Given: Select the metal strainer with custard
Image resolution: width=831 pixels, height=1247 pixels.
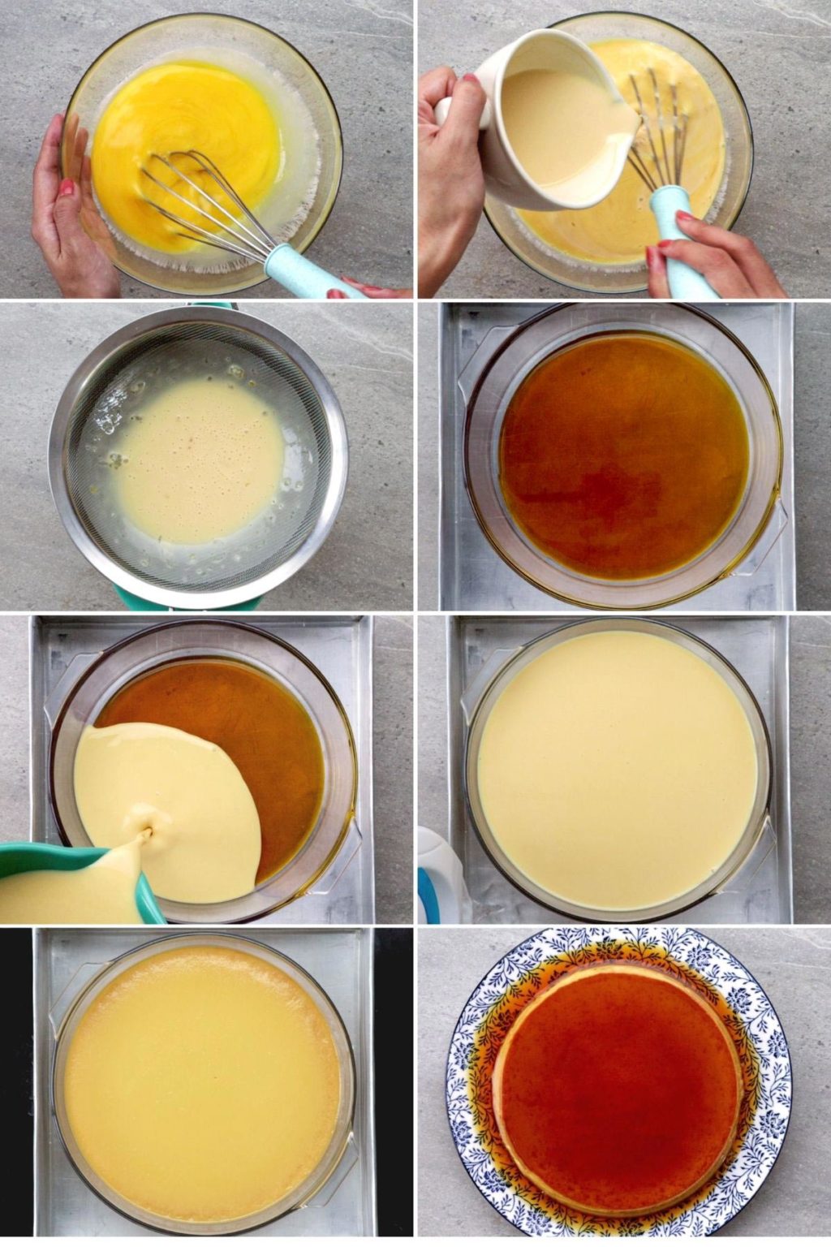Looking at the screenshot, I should (x=195, y=455).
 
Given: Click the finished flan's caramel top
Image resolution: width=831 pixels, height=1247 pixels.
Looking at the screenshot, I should (x=617, y=1072).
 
